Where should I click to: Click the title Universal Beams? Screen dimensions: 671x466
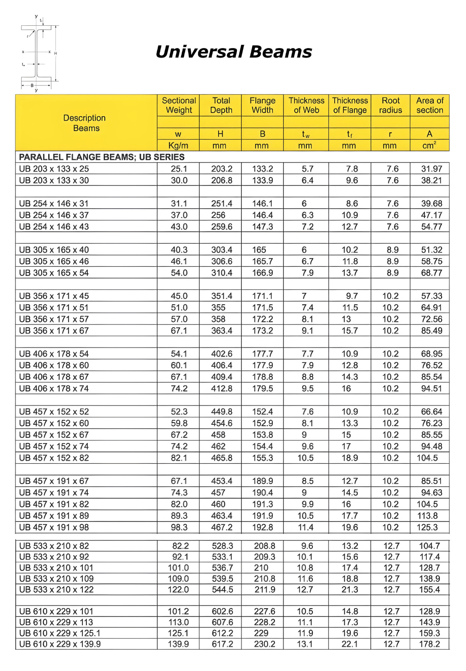coord(233,52)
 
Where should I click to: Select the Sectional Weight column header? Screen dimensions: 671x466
coord(178,105)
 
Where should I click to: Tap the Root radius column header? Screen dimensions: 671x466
coord(391,105)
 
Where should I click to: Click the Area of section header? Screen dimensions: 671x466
coord(430,105)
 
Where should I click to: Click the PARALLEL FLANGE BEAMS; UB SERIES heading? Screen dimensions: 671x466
coord(102,157)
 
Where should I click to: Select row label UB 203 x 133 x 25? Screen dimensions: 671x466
coord(54,169)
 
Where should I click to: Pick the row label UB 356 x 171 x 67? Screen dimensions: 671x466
coord(54,331)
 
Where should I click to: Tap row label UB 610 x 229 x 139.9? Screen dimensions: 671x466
coord(60,644)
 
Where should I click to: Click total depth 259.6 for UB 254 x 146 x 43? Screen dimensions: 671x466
coord(222,227)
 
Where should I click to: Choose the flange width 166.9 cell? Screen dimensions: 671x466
coord(262,273)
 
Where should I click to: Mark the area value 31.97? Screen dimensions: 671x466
coord(431,169)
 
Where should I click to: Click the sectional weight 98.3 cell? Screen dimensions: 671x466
coord(179,527)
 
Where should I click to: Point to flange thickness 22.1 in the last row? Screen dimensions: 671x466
coord(349,644)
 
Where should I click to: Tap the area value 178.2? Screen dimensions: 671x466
coord(429,644)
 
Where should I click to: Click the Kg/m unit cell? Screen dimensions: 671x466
coord(178,146)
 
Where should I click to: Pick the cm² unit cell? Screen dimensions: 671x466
coord(429,146)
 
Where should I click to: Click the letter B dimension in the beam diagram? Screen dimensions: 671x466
coord(32,85)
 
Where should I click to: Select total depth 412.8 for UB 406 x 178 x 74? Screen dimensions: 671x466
coord(222,389)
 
